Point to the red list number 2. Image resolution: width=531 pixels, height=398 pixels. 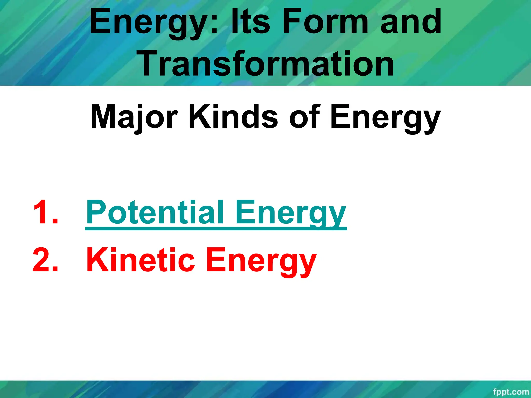pos(45,260)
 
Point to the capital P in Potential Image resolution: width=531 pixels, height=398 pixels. pos(96,212)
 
